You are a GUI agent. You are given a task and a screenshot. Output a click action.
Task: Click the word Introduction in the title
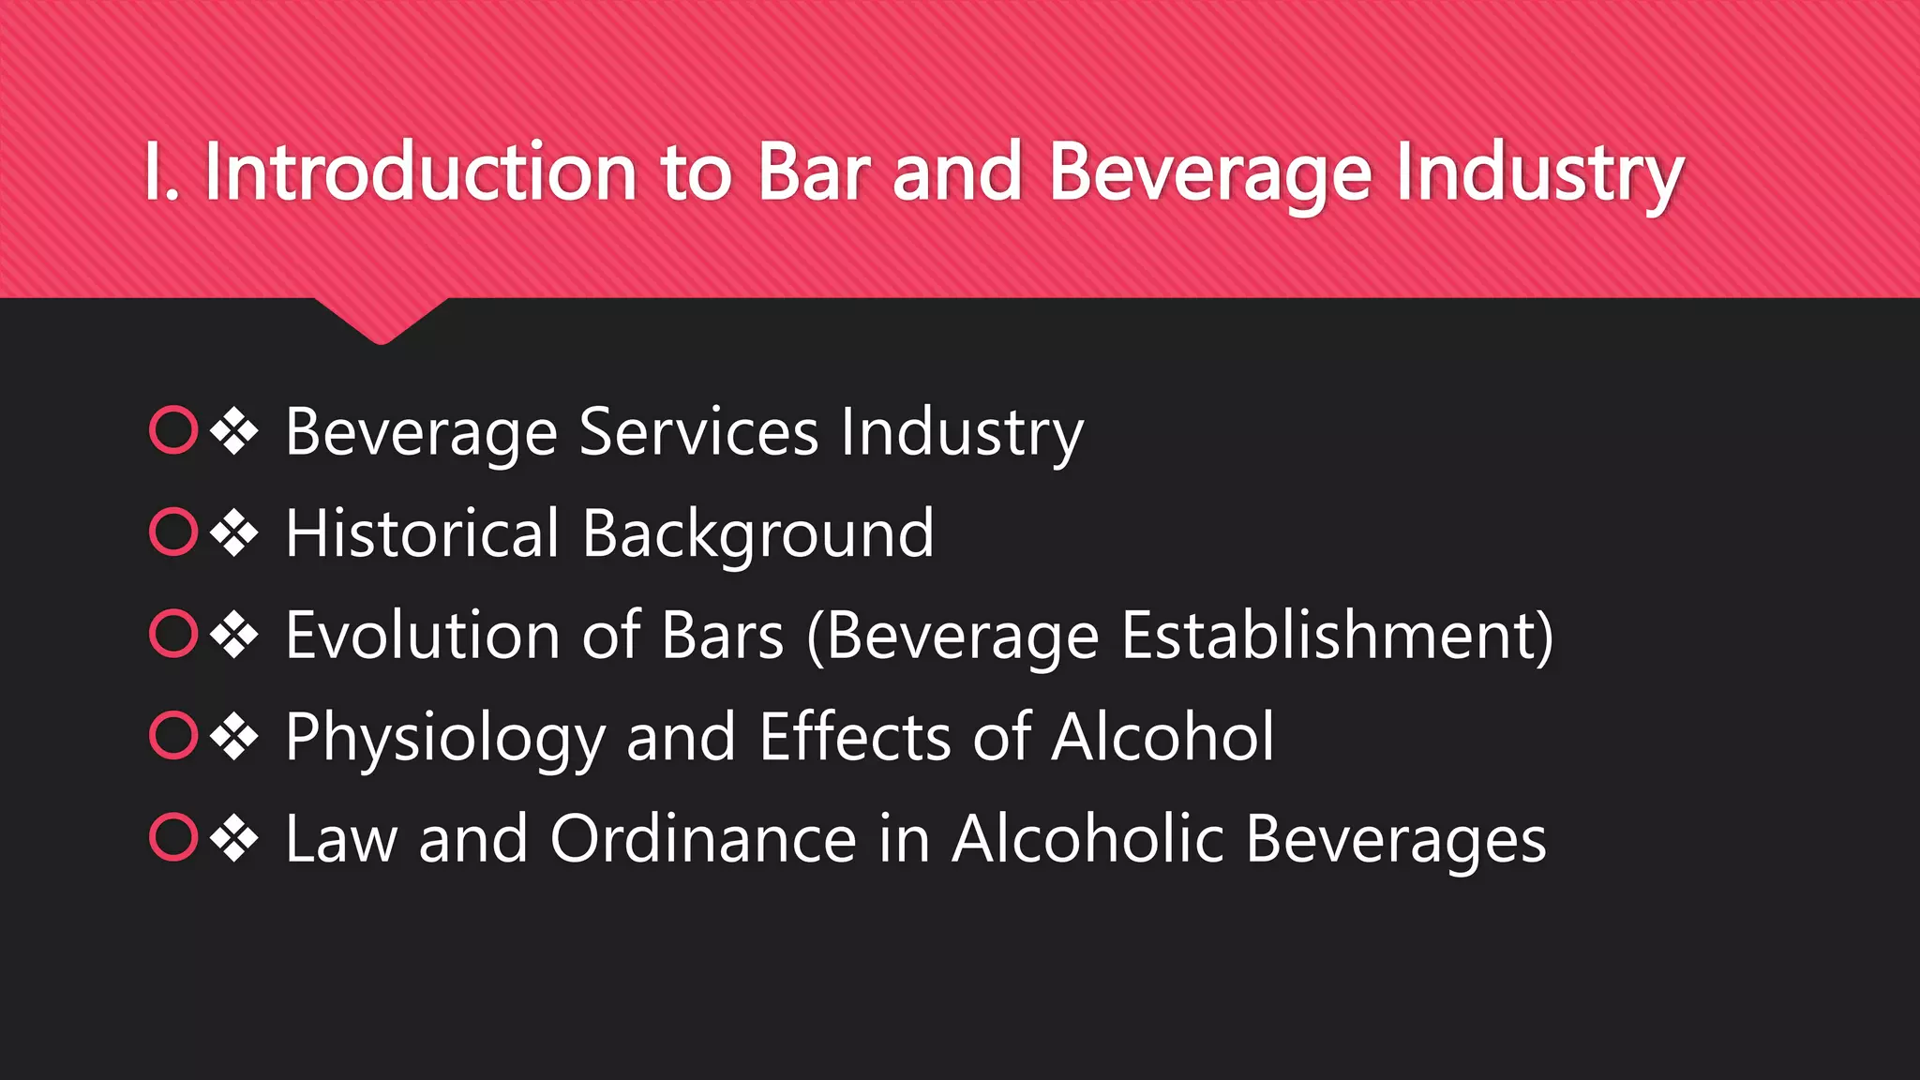(x=420, y=172)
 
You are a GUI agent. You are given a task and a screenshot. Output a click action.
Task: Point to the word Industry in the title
(x=1539, y=174)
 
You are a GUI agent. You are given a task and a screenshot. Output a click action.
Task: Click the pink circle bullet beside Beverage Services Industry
(x=173, y=430)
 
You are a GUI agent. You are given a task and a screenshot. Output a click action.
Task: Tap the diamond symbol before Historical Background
(x=234, y=532)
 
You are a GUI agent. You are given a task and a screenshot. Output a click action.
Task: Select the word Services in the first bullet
(x=698, y=432)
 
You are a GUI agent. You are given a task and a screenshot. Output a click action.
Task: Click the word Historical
(x=422, y=533)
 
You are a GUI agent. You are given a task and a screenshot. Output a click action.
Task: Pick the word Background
(x=757, y=535)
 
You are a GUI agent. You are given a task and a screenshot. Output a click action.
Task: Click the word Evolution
(x=422, y=636)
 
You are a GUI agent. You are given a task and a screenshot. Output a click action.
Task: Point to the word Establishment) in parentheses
(x=1337, y=636)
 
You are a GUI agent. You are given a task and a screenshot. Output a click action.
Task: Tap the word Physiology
(x=444, y=739)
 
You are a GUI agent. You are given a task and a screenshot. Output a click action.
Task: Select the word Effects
(x=854, y=737)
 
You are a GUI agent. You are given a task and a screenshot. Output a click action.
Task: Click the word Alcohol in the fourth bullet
(x=1162, y=737)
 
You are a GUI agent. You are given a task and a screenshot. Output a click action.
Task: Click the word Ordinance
(x=703, y=839)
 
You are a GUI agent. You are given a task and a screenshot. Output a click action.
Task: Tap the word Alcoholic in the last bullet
(x=1087, y=839)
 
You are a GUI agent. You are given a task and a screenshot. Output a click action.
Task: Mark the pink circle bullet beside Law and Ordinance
(x=173, y=837)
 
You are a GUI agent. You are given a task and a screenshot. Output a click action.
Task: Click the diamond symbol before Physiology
(x=234, y=736)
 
